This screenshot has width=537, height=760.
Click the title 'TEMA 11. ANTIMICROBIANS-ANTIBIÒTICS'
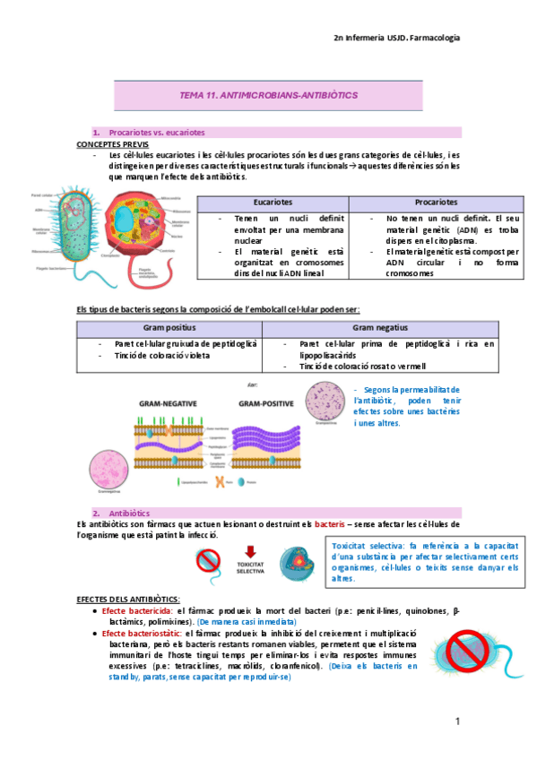[x=269, y=94]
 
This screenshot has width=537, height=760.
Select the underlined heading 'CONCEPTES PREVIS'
[x=113, y=144]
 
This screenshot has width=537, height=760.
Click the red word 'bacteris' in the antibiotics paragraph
[x=330, y=522]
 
